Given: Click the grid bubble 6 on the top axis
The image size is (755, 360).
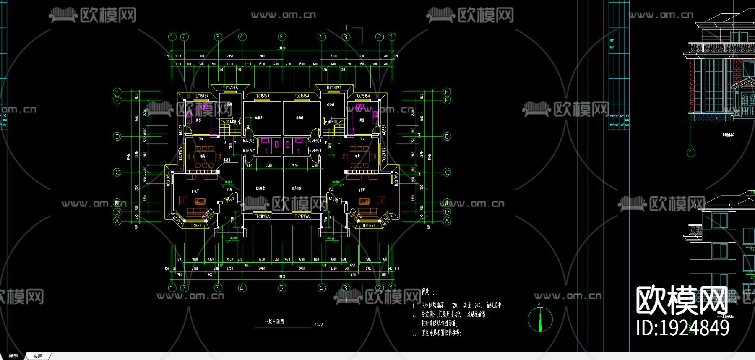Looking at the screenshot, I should [x=281, y=37].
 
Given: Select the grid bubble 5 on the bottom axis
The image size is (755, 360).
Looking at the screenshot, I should [x=281, y=288].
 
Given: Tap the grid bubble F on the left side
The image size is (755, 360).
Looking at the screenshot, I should [x=117, y=92].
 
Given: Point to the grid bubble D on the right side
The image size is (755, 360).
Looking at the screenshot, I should [x=447, y=136].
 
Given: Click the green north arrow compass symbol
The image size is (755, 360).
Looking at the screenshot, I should [x=540, y=319].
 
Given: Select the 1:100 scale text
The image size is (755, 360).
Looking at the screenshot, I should [x=319, y=324].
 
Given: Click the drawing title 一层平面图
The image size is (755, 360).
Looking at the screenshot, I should [x=274, y=321].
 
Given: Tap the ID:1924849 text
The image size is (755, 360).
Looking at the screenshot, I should [x=682, y=328].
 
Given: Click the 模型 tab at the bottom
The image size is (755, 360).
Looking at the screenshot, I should [x=13, y=356].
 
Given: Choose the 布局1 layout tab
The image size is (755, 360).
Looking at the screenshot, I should [x=39, y=356].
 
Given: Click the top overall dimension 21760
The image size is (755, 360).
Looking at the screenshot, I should [x=281, y=48].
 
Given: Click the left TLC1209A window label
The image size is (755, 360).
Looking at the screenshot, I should [x=230, y=88].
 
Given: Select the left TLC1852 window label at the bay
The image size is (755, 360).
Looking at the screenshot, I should [x=195, y=226].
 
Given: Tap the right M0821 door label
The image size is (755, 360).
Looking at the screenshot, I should [x=384, y=130].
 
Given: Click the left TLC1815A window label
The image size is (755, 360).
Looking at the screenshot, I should [x=262, y=217].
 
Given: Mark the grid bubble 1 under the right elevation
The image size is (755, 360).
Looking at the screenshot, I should [x=691, y=153].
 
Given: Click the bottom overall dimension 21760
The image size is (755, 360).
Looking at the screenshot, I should [x=281, y=277].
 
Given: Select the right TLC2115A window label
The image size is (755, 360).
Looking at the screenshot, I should [x=384, y=154].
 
